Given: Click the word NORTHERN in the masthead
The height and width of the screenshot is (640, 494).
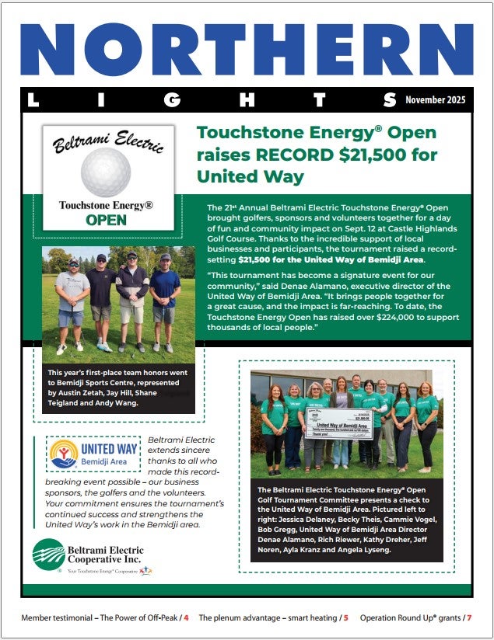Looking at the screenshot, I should [x=247, y=48].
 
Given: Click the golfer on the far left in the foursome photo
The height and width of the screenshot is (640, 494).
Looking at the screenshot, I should [x=72, y=303].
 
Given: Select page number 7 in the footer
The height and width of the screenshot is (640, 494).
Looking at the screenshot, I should [x=469, y=618].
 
